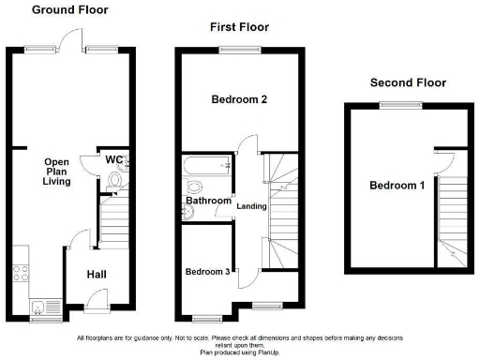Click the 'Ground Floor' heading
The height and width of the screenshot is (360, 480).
[x=69, y=10]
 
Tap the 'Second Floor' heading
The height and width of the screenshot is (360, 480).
[x=408, y=82]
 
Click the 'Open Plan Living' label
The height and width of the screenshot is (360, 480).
[x=57, y=171]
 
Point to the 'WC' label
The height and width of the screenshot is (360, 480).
[x=113, y=159]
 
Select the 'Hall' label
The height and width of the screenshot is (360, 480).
[x=97, y=274]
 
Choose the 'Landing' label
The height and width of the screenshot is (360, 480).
[x=251, y=206]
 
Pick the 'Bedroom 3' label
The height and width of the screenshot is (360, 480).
[x=207, y=272]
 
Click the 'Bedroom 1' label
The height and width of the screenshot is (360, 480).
[x=397, y=186]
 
